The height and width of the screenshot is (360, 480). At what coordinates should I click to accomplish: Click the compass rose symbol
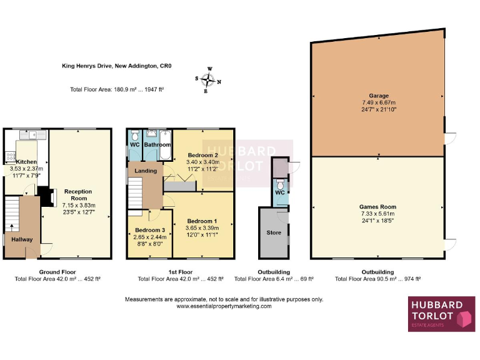pos(211,79)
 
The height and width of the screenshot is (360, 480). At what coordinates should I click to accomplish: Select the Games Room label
pos(377,207)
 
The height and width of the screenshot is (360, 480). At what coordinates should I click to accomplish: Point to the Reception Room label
pos(78,195)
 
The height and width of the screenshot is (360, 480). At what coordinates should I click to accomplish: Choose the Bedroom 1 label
pos(202,221)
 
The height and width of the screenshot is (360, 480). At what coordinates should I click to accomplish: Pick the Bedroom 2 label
pos(202,154)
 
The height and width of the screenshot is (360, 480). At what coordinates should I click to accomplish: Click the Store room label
pos(273,232)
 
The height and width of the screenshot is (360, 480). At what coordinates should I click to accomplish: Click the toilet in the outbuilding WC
pos(281,186)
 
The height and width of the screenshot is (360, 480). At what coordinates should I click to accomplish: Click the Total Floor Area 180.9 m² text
pos(117,89)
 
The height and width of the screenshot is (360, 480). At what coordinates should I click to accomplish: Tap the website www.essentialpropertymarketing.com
pos(224,306)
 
